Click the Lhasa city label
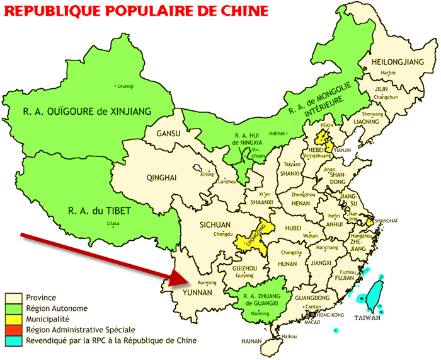113,224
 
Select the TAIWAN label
367,318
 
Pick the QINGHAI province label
161,177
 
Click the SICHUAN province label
216,224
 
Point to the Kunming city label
207,282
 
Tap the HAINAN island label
251,341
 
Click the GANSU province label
168,133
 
